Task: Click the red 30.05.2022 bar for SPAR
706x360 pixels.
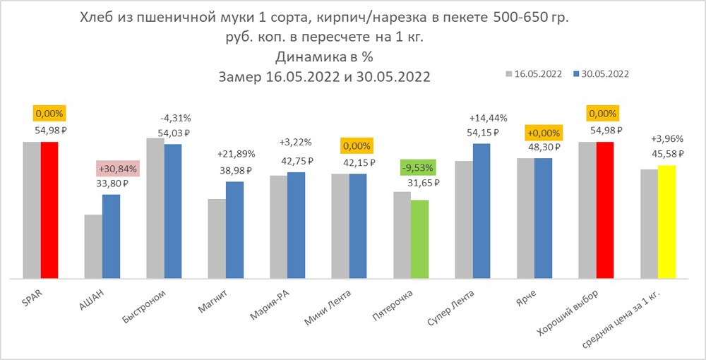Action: (49, 210)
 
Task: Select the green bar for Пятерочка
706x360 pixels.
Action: (419, 240)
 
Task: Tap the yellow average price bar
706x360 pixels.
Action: (666, 222)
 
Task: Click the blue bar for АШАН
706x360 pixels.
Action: (111, 236)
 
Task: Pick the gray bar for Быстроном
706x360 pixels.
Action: (155, 208)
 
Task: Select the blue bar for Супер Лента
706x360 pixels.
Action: (481, 211)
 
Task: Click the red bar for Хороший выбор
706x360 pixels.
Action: (605, 210)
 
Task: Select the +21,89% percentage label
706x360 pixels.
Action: (236, 154)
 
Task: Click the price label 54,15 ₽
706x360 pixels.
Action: (484, 132)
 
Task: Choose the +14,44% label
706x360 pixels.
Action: (483, 118)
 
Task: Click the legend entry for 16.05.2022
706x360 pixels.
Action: (534, 73)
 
